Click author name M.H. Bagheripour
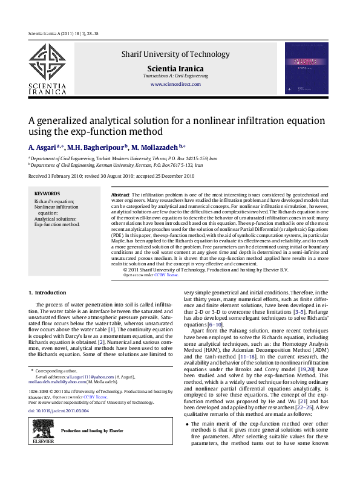point(96,147)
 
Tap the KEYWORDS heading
point(47,194)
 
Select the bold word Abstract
point(121,195)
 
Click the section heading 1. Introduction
point(48,293)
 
